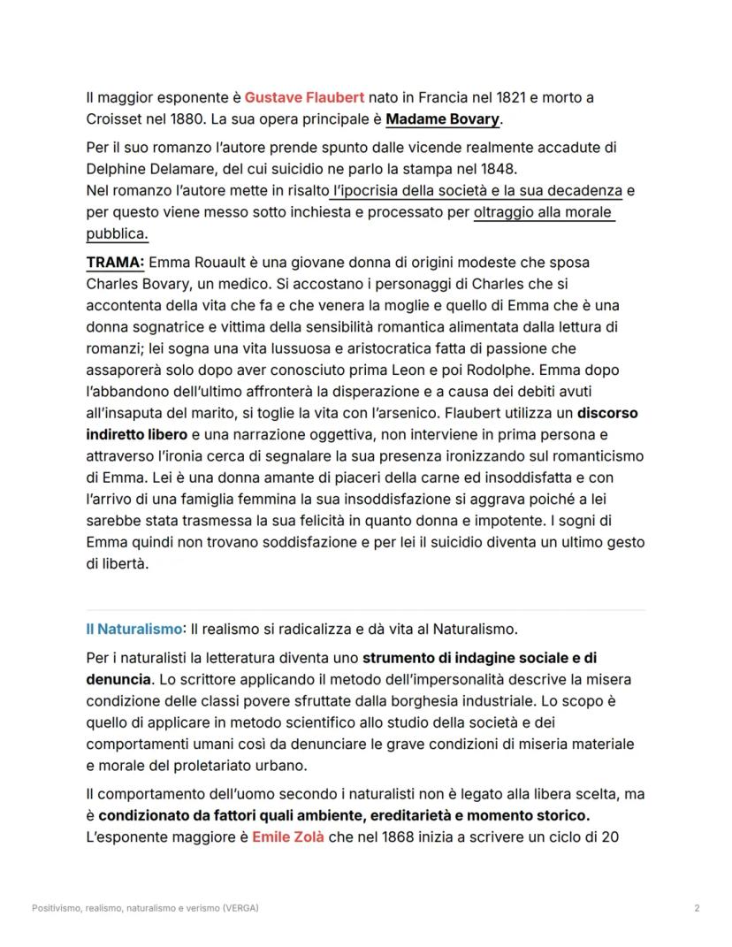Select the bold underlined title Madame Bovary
click(x=443, y=118)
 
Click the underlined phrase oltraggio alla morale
click(x=544, y=213)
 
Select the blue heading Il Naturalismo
click(x=133, y=630)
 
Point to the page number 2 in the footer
click(x=697, y=908)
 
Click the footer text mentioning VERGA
click(x=145, y=908)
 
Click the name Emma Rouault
click(x=192, y=263)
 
